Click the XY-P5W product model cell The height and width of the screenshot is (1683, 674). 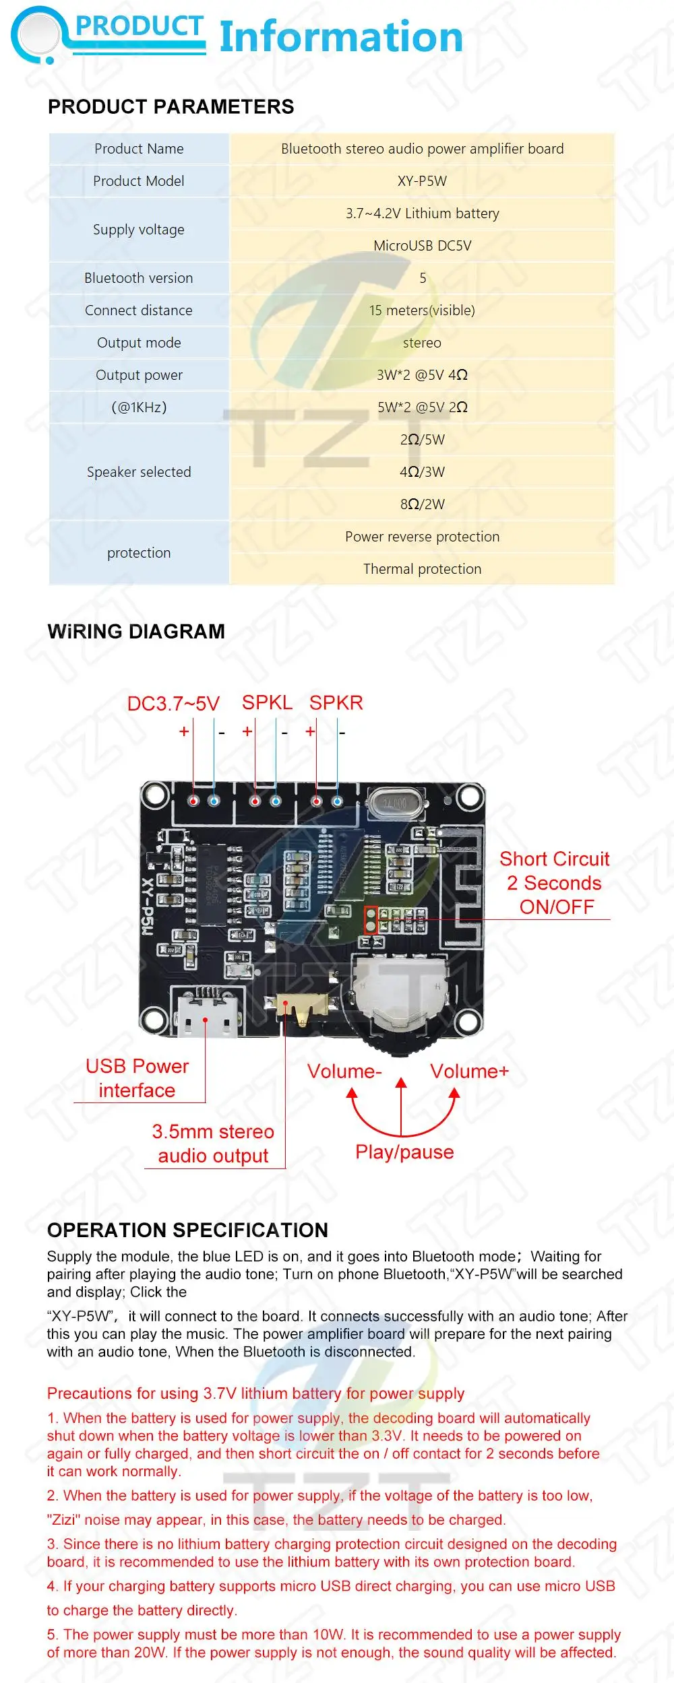422,181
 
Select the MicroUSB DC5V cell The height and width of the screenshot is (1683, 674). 422,246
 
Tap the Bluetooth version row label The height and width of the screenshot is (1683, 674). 139,278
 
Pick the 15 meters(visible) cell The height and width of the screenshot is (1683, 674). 422,310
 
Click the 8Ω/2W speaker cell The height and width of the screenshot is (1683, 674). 422,504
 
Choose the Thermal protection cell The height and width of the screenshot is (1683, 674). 422,569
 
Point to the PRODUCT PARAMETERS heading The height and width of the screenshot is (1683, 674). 171,107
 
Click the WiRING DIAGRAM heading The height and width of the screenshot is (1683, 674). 136,632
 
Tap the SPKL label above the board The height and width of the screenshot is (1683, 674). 267,703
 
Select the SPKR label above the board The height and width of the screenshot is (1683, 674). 336,703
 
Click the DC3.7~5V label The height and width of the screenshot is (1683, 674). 173,704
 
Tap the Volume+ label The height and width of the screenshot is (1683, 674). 469,1071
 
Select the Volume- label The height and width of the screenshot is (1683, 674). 344,1071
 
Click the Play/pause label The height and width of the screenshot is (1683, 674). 404,1152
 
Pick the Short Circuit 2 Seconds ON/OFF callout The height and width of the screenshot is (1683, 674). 555,883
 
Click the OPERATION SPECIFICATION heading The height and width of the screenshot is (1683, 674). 187,1230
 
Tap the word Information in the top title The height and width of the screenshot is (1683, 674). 341,37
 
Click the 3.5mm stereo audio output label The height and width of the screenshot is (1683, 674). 213,1144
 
